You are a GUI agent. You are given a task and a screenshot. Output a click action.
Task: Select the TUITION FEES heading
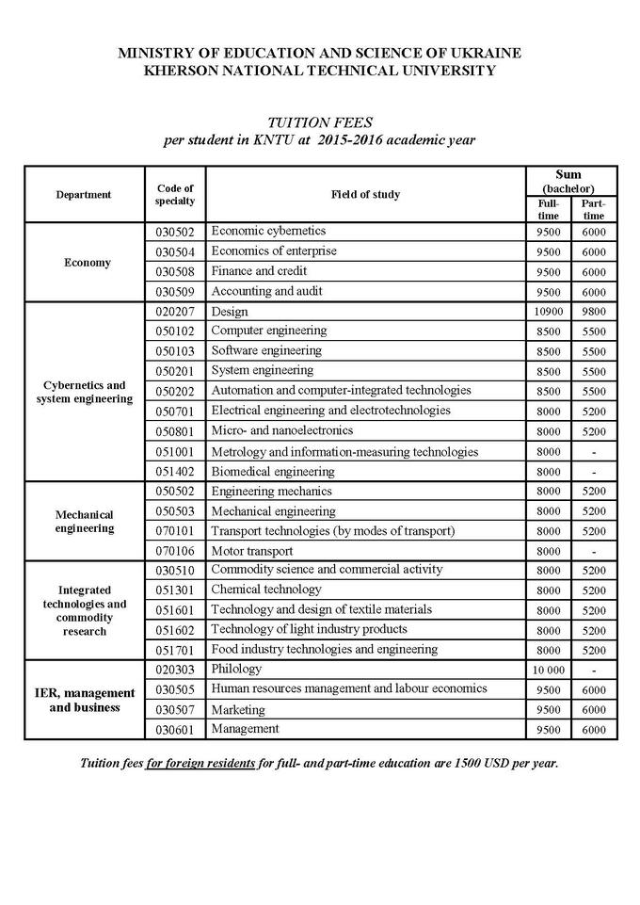click(x=319, y=122)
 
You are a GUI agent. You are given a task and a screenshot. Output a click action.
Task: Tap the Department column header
click(x=83, y=195)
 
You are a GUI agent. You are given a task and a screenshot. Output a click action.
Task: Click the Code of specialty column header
click(x=174, y=195)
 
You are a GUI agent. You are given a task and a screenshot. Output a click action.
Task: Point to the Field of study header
click(x=365, y=195)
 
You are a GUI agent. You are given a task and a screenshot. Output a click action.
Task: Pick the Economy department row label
click(x=87, y=263)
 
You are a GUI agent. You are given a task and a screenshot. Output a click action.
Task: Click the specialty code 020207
click(x=174, y=312)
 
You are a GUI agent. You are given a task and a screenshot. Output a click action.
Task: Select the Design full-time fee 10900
click(x=548, y=312)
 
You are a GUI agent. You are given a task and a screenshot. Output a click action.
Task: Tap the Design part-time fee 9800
click(x=594, y=312)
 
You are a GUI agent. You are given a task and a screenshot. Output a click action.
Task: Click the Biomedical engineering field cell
click(x=273, y=472)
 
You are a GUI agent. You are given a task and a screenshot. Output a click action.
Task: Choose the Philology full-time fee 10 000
click(x=548, y=670)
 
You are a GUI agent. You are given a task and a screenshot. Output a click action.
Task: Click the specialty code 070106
click(x=174, y=551)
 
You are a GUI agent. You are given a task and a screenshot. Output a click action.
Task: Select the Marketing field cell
click(x=238, y=709)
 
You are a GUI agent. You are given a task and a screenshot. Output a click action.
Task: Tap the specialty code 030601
click(x=174, y=730)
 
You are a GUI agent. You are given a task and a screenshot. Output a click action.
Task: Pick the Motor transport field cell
click(x=252, y=551)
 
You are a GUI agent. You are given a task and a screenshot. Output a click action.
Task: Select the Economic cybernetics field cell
click(x=268, y=231)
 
